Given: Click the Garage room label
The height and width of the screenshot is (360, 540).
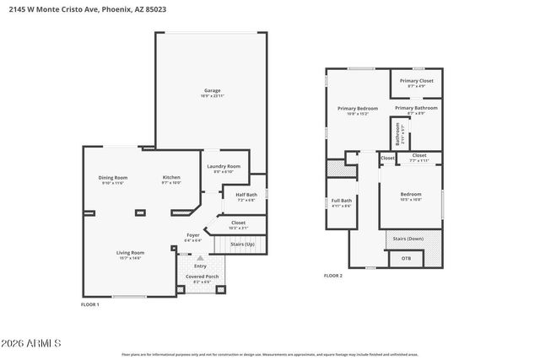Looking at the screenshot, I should (x=212, y=91).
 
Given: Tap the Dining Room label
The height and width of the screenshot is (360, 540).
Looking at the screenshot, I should (x=113, y=178).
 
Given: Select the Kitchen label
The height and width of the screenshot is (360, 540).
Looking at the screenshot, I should (x=171, y=178).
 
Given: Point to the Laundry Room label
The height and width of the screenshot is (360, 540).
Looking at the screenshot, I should (x=224, y=167).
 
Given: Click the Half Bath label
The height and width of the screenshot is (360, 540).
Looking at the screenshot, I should (x=234, y=196).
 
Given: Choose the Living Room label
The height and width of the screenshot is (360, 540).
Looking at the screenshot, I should (x=130, y=253).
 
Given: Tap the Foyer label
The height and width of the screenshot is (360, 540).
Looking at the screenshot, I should (x=193, y=236).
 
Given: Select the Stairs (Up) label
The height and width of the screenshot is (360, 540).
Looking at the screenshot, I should (x=243, y=244).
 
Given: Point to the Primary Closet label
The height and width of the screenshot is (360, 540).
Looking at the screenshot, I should (x=417, y=82).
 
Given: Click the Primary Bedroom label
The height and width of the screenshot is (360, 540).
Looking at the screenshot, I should (x=358, y=109).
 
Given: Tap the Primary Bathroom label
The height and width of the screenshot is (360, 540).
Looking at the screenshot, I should (x=416, y=109).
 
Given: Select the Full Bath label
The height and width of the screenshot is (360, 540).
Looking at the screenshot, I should (x=341, y=201).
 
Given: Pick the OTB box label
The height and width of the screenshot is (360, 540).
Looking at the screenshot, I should (x=406, y=258).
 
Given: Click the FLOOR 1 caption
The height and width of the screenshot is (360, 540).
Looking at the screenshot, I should (x=89, y=304).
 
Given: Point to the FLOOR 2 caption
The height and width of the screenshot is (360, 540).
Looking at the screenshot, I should (x=333, y=276).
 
